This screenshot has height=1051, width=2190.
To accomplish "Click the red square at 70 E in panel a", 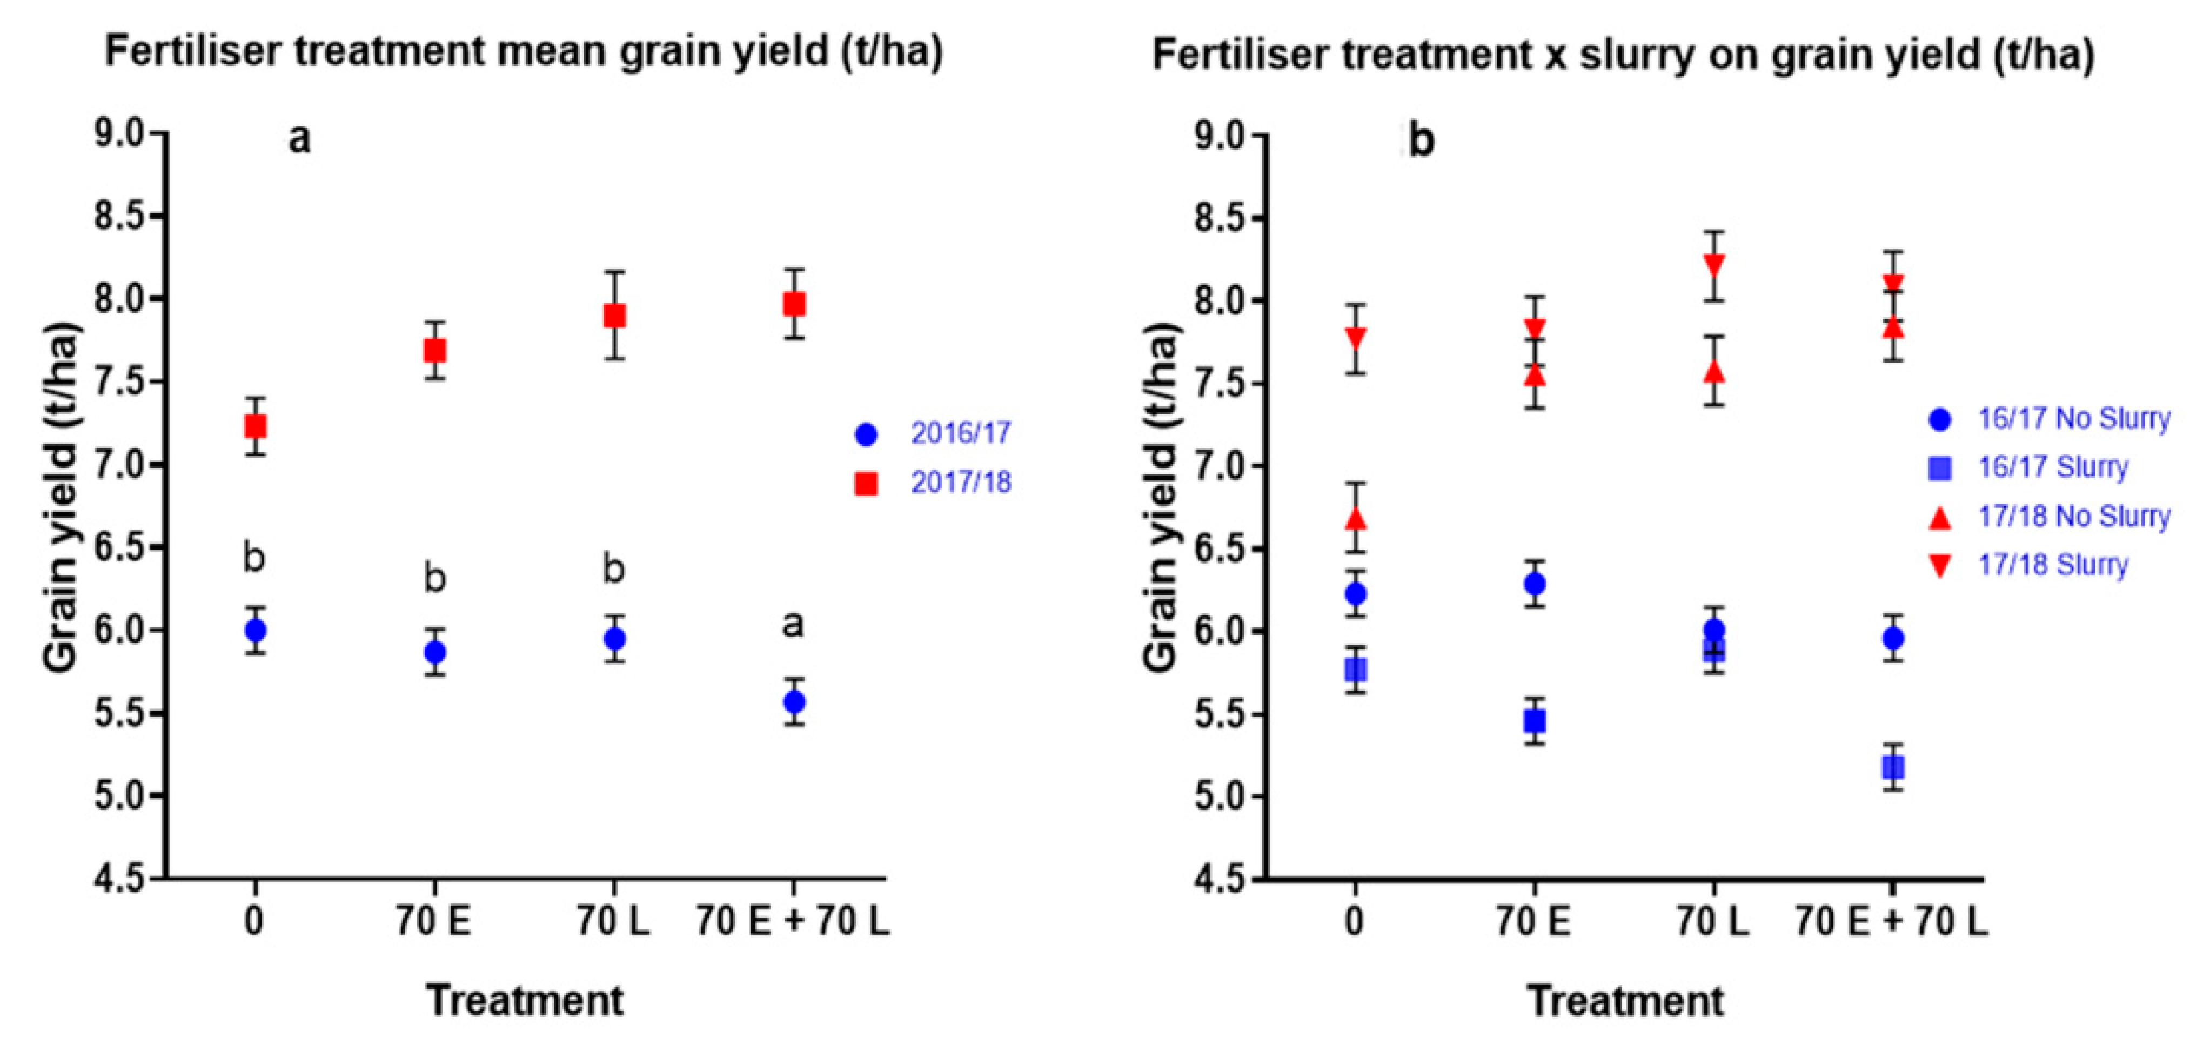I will click(x=434, y=350).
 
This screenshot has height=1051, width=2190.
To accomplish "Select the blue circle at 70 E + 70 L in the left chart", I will click(x=794, y=701).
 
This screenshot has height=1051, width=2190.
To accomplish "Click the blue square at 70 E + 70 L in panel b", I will click(x=1892, y=767).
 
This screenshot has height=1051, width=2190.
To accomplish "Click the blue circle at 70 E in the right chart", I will click(x=1535, y=584).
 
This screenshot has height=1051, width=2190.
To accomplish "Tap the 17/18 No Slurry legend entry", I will click(x=2073, y=516).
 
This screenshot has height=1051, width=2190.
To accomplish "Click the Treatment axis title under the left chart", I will click(x=525, y=1000).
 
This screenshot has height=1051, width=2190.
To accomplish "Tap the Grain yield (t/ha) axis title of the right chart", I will click(x=1161, y=498).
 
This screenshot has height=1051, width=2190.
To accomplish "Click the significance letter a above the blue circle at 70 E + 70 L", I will click(x=792, y=625).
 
